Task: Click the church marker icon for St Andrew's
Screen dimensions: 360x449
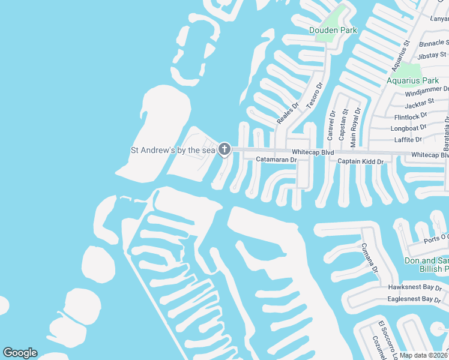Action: [224, 149]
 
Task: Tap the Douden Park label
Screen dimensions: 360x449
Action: [333, 30]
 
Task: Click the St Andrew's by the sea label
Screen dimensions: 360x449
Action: [173, 150]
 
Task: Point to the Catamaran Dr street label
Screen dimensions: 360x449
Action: [277, 160]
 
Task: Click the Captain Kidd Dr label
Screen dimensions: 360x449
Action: [360, 161]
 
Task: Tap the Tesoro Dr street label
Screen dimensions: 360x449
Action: [315, 95]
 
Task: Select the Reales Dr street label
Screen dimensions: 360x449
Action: [288, 113]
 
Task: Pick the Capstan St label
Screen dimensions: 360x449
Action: [344, 125]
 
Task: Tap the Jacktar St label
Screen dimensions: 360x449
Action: [419, 104]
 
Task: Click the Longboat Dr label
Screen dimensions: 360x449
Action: [408, 128]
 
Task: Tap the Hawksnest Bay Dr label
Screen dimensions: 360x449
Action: [414, 288]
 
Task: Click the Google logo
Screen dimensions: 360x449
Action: [20, 353]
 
